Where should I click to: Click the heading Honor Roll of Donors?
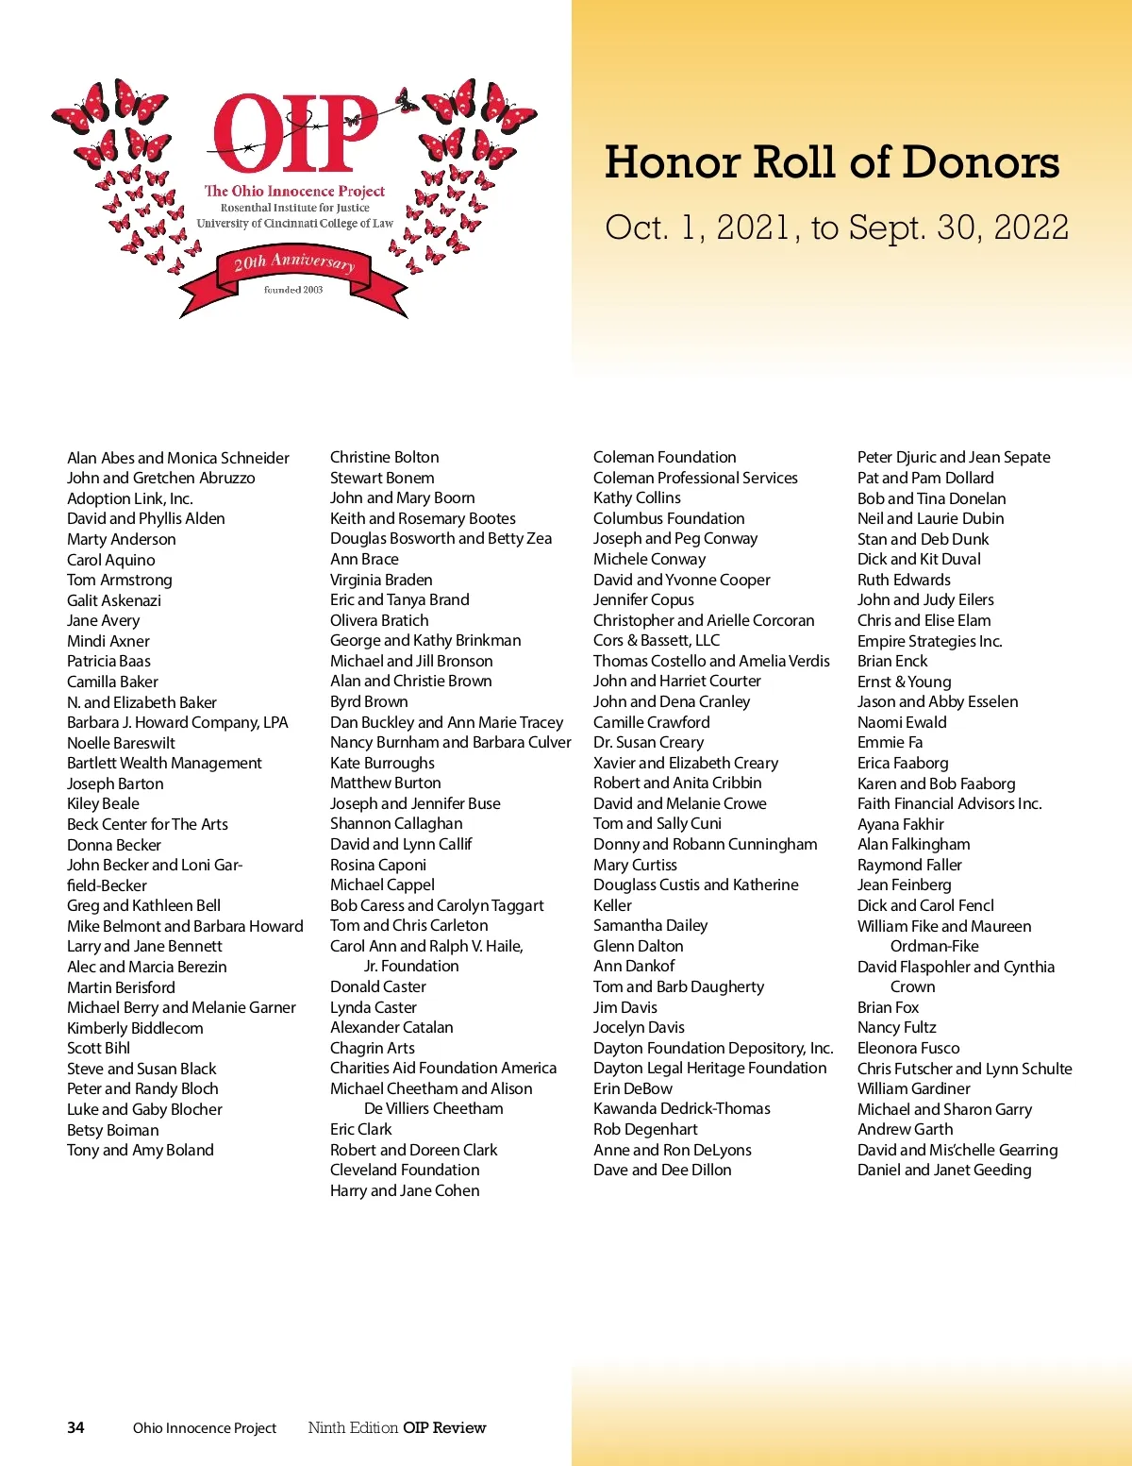[831, 162]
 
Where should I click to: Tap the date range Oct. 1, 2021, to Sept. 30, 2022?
[837, 227]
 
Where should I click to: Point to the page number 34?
[75, 1427]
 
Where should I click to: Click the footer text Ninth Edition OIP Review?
[396, 1427]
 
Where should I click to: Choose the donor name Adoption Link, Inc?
[129, 498]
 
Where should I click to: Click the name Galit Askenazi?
[114, 600]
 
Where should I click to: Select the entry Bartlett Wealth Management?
[164, 763]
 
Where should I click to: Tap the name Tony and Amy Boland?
[141, 1150]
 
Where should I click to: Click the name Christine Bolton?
[384, 457]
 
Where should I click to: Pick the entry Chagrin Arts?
[372, 1048]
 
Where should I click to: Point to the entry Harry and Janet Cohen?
[405, 1190]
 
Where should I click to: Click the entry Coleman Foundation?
[664, 457]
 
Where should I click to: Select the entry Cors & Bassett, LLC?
[657, 640]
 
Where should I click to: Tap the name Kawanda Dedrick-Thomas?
[681, 1108]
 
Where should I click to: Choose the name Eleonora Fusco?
[907, 1048]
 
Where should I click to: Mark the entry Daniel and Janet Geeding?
[944, 1170]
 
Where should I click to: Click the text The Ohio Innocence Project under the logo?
[294, 191]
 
